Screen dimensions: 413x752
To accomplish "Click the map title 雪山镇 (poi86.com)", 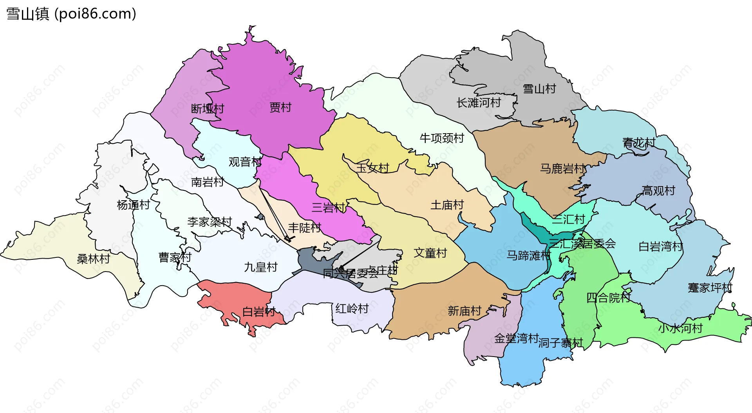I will tap(71, 14).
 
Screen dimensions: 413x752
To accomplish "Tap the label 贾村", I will tap(280, 107).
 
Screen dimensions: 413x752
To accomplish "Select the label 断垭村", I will tap(207, 109).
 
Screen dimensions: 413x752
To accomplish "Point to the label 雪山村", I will tap(539, 89).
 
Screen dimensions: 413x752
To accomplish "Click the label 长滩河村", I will tap(479, 103).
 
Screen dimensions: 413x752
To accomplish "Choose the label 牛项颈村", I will tap(441, 138).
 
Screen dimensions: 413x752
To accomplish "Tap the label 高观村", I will tap(658, 190).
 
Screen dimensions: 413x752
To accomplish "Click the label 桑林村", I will tap(93, 259).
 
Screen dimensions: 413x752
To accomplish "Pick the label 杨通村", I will tap(133, 205).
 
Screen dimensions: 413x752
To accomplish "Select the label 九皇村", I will tap(260, 267).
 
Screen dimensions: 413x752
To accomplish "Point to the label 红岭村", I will tap(352, 308).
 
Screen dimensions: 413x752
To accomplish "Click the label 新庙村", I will tap(464, 311).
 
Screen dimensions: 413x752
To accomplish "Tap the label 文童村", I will tap(430, 253).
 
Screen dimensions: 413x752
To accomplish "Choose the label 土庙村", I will tap(447, 205).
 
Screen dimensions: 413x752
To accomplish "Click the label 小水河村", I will tap(680, 328).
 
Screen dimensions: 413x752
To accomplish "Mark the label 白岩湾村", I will tap(661, 246).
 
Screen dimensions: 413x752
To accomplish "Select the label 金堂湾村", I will tap(516, 338).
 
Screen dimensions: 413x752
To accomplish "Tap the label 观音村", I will tap(245, 161).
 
